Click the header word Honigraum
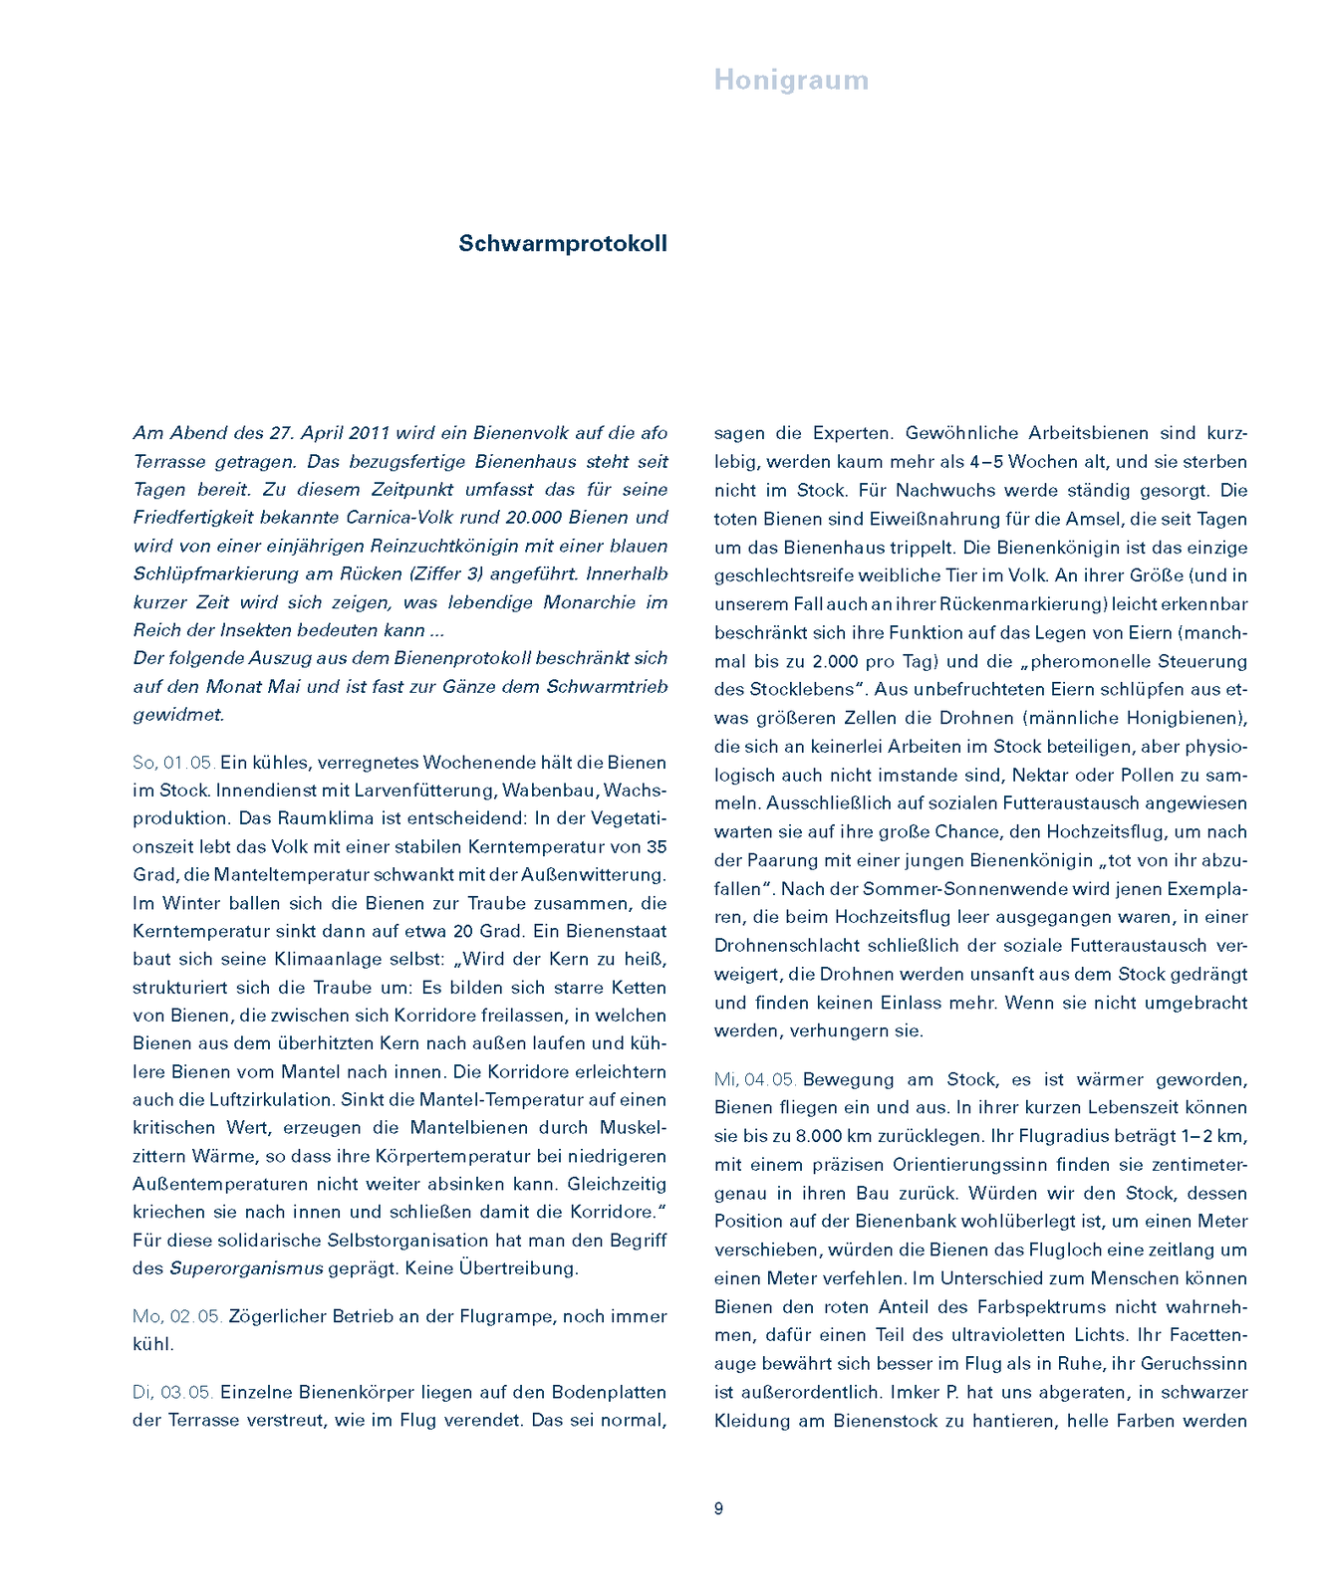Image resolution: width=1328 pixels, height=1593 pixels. tap(791, 81)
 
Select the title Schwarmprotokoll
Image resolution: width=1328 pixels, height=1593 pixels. tap(563, 244)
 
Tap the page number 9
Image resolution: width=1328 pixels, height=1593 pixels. tap(718, 1508)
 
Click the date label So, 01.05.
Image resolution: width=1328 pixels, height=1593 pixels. tap(173, 763)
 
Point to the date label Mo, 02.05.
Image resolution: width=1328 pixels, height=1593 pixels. tap(176, 1316)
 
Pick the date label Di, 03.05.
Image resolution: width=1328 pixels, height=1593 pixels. tap(172, 1392)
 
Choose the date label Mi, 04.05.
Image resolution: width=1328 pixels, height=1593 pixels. tap(755, 1079)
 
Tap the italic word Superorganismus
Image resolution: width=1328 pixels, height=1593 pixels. tap(246, 1268)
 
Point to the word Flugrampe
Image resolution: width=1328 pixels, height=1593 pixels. tap(506, 1316)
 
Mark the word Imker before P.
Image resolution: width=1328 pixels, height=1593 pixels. tap(915, 1392)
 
